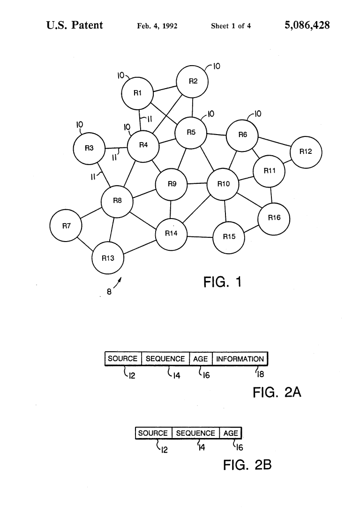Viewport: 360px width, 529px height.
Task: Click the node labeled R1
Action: (x=137, y=93)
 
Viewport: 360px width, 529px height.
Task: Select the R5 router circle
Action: (x=191, y=133)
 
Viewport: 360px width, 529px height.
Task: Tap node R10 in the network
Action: (x=224, y=184)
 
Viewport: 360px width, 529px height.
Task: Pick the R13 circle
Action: (x=108, y=257)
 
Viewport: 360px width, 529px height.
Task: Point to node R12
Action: (x=306, y=151)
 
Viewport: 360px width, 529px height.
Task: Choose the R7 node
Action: (x=66, y=226)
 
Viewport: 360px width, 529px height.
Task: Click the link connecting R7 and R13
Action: (x=85, y=243)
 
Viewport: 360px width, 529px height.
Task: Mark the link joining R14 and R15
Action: (x=200, y=235)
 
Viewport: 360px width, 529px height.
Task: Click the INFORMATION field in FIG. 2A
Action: (x=240, y=359)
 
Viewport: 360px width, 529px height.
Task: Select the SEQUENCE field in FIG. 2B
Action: (x=195, y=433)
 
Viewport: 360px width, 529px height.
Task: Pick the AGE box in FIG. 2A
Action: (x=201, y=359)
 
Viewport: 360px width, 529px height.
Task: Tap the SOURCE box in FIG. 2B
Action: (x=153, y=433)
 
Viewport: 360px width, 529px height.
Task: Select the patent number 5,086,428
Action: (x=307, y=25)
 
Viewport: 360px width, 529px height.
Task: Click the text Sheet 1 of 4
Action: (x=231, y=26)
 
